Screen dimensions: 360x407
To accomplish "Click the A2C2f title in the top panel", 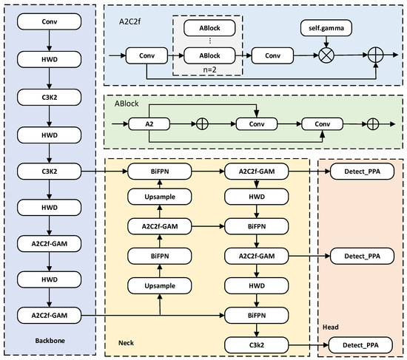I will pos(130,21).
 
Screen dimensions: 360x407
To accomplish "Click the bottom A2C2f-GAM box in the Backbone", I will pos(48,316).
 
